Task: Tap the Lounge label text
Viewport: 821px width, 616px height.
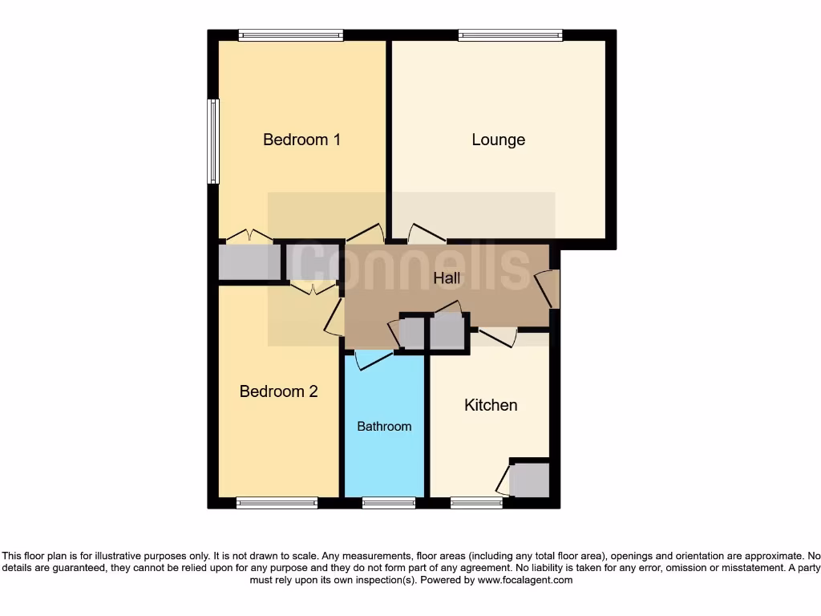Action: click(x=498, y=140)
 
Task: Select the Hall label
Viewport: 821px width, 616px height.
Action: click(x=447, y=278)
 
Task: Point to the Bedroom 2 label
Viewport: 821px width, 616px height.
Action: click(x=278, y=391)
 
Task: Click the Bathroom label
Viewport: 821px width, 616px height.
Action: click(x=384, y=426)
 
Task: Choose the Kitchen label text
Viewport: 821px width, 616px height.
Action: click(x=491, y=405)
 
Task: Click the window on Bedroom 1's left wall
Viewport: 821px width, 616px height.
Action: click(x=212, y=141)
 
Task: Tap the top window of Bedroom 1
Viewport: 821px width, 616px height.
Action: click(x=290, y=34)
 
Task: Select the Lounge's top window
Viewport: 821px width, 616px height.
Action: click(x=510, y=34)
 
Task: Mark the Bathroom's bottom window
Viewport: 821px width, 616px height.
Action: click(x=388, y=503)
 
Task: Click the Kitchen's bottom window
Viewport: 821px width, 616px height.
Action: click(x=476, y=503)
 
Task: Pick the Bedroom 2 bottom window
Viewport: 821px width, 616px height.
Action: click(x=277, y=503)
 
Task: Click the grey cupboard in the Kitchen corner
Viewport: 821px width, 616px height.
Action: click(x=529, y=480)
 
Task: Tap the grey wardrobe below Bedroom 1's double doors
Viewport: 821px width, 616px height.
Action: click(x=249, y=262)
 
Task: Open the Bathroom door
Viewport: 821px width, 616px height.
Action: click(x=372, y=360)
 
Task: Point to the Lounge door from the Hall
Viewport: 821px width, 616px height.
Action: click(x=426, y=233)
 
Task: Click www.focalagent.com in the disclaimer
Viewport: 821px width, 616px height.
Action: click(x=524, y=580)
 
